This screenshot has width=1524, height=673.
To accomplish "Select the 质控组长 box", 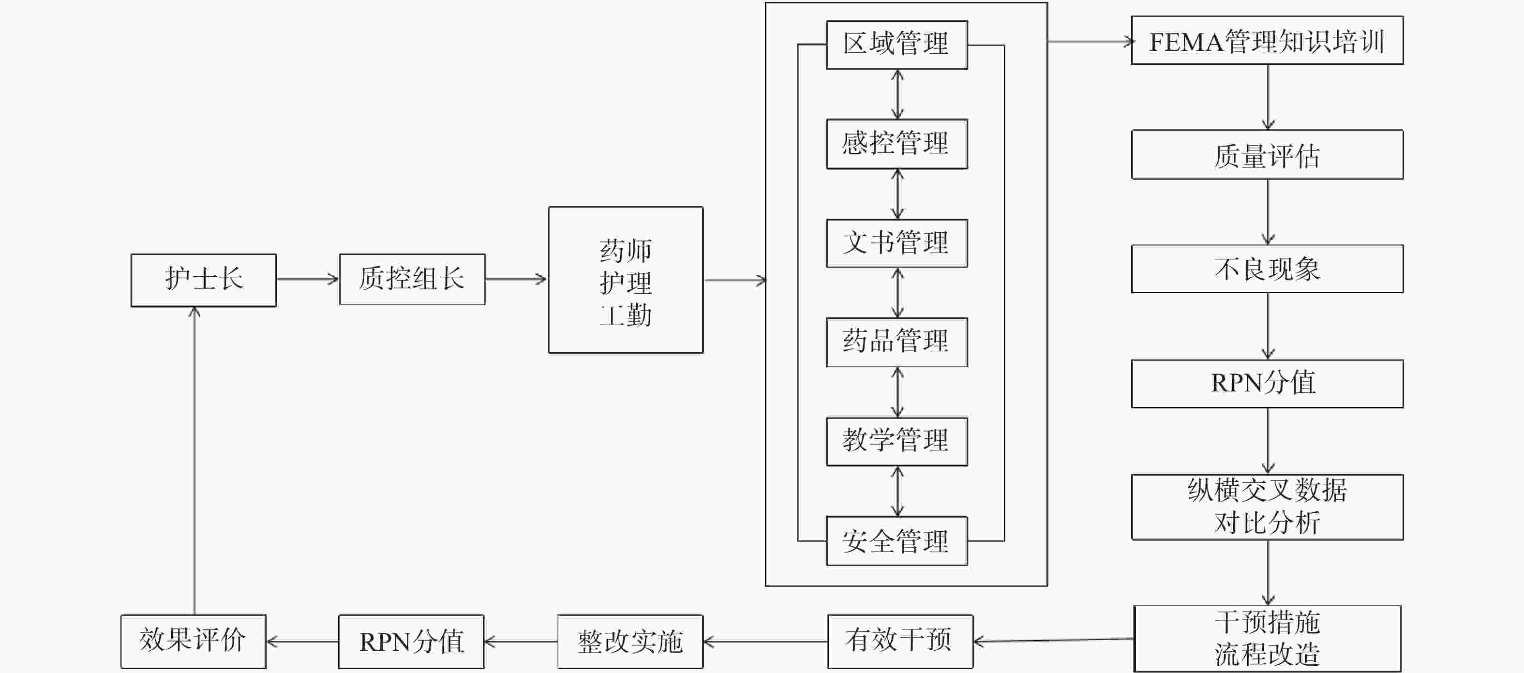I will click(x=412, y=279).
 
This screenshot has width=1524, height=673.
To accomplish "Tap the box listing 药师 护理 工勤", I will click(x=626, y=280).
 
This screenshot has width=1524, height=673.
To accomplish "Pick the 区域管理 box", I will click(x=896, y=45).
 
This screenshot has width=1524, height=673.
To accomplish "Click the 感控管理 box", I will click(x=896, y=144).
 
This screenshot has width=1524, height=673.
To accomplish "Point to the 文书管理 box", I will click(x=896, y=243).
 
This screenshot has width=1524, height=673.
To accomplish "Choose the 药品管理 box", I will click(x=896, y=342).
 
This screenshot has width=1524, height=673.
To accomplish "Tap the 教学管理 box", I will click(x=896, y=441).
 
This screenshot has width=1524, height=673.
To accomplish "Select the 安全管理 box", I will click(x=896, y=540).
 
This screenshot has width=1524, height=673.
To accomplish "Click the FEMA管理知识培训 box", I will click(x=1267, y=40).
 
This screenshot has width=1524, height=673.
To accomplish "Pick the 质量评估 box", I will click(x=1267, y=154).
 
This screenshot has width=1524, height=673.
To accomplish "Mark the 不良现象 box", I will click(x=1267, y=269).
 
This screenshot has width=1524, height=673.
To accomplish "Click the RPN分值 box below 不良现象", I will click(x=1267, y=383).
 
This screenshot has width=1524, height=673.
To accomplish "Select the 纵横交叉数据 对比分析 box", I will click(x=1267, y=507).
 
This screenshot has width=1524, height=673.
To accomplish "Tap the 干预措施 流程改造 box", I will click(x=1267, y=638).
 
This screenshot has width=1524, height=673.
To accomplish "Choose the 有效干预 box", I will click(x=899, y=641).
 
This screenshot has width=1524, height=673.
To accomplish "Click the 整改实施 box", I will click(x=629, y=641).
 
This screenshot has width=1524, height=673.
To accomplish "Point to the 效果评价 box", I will click(x=193, y=641).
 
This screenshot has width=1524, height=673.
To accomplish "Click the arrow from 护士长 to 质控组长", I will click(x=307, y=279).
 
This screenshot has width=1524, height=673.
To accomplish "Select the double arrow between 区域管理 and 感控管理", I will click(x=897, y=94).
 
